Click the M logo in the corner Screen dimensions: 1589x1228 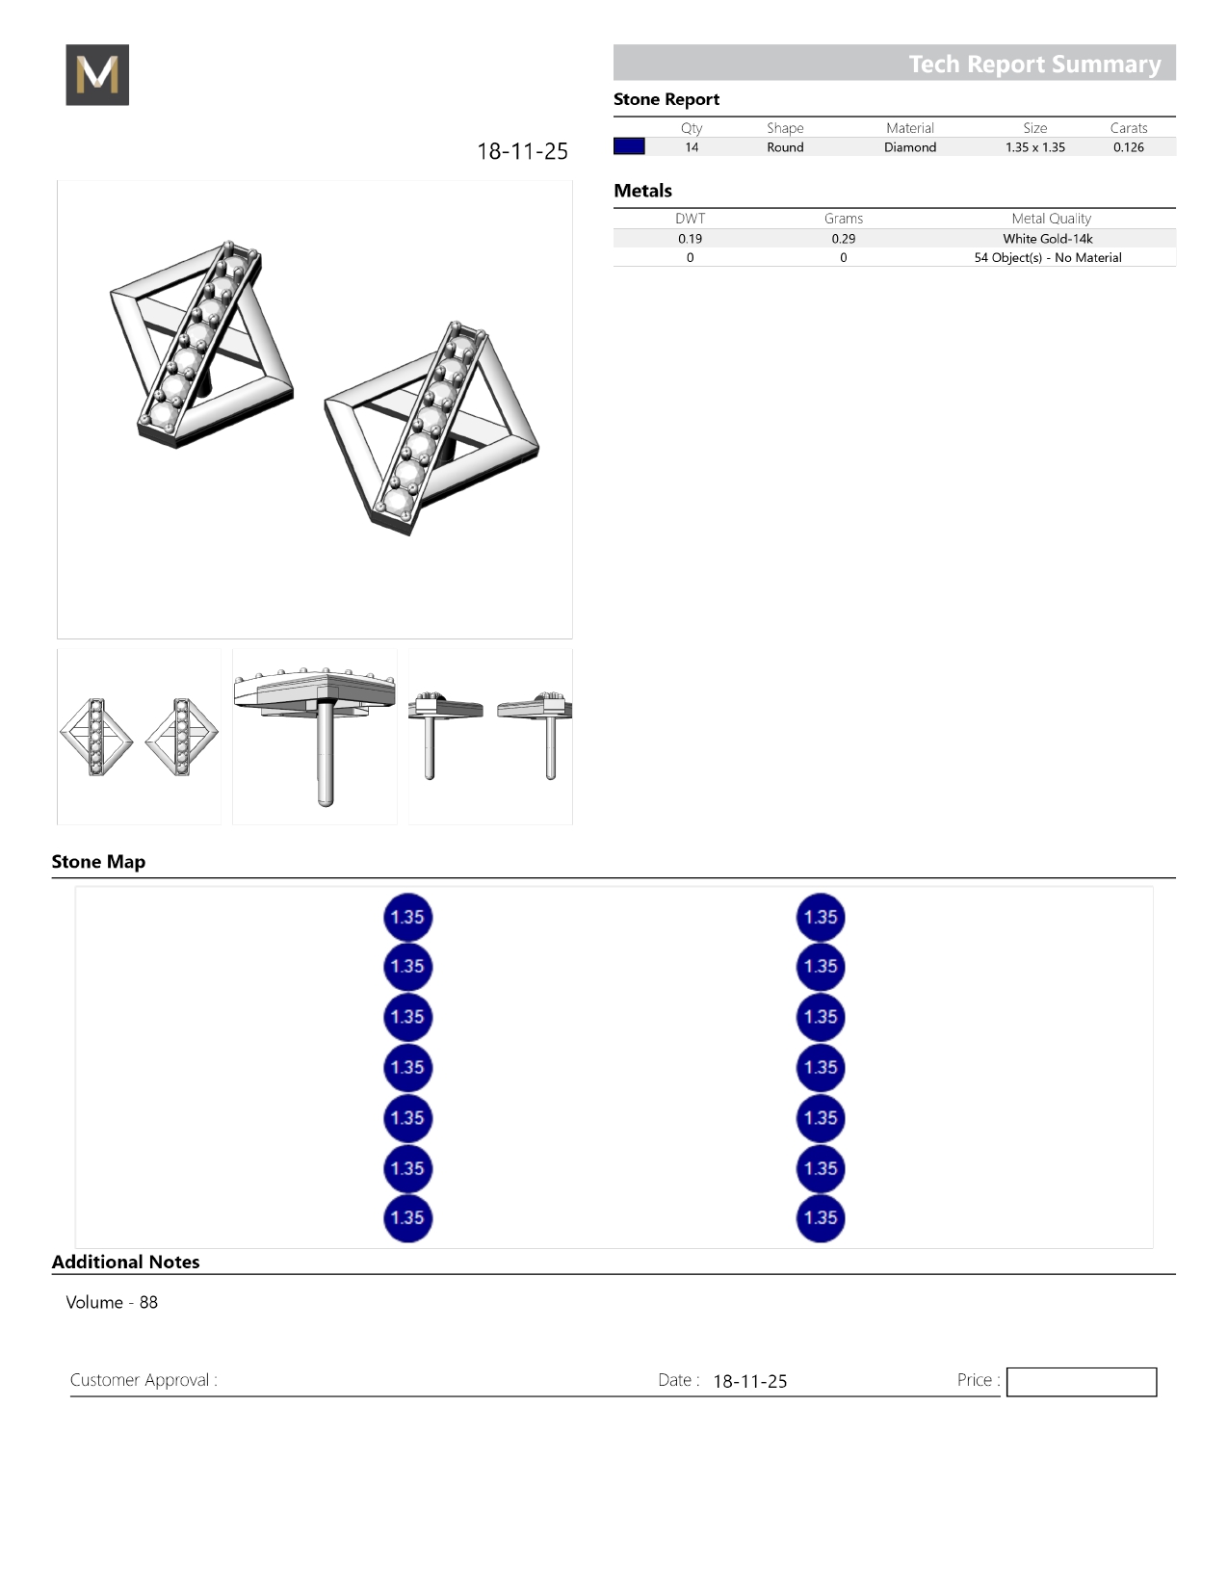pos(97,75)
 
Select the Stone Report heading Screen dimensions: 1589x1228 pos(666,99)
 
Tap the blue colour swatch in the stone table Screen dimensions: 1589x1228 pos(629,146)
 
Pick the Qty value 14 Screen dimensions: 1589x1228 pos(692,147)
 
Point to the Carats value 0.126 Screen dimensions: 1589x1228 pos(1128,147)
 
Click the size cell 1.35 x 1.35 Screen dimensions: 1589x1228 pos(1034,147)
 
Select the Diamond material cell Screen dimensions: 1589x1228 pos(909,147)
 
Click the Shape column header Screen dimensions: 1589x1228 pos(785,128)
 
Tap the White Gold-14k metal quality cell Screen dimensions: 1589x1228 pos(1047,239)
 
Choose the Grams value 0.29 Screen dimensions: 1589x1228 pos(843,239)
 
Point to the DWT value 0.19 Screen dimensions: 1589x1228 pos(690,239)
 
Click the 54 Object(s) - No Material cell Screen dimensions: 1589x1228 pos(1047,258)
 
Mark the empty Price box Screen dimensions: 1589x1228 pos(1081,1382)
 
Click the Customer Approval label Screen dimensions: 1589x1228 pos(144,1380)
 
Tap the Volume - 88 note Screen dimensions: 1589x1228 pos(112,1302)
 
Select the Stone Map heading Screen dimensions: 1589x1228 pos(98,862)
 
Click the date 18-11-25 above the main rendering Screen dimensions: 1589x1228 pos(522,151)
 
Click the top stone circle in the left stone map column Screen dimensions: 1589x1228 pos(407,917)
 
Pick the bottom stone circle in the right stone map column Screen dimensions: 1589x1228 pos(821,1217)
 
